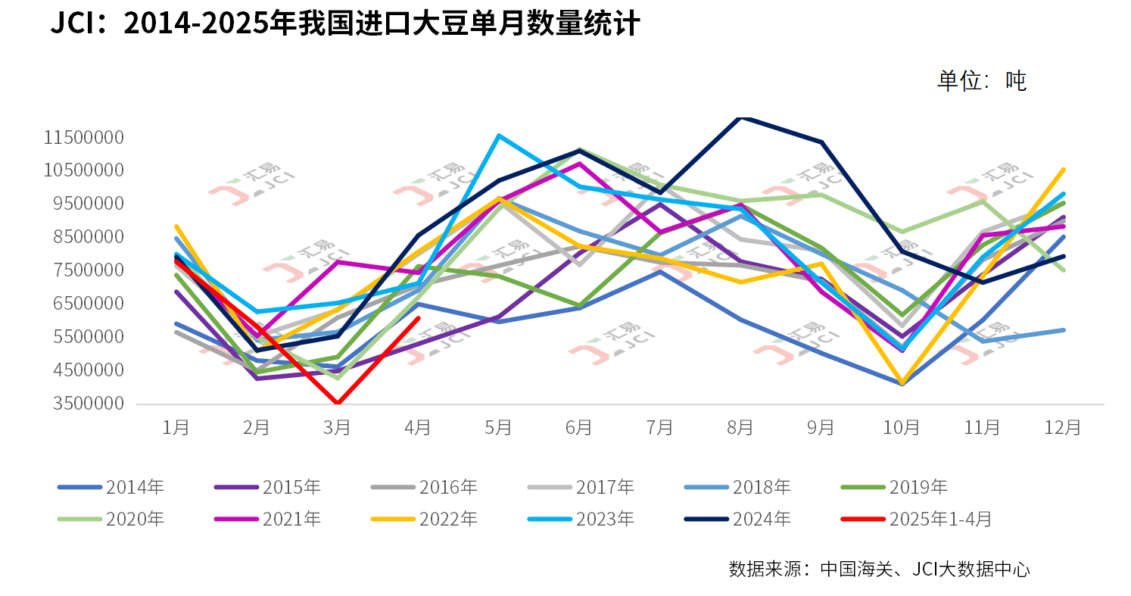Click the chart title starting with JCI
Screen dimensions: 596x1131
pyautogui.click(x=345, y=23)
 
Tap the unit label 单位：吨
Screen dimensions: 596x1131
pyautogui.click(x=981, y=80)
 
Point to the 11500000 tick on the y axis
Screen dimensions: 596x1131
pyautogui.click(x=84, y=137)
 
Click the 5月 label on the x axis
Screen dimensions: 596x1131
pyautogui.click(x=498, y=428)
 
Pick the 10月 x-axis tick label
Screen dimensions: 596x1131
pyautogui.click(x=902, y=428)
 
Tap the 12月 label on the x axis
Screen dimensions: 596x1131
pyautogui.click(x=1063, y=428)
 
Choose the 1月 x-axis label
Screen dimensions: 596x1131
pyautogui.click(x=176, y=428)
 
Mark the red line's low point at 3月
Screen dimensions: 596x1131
pyautogui.click(x=338, y=404)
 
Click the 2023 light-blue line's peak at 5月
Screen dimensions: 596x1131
pyautogui.click(x=498, y=136)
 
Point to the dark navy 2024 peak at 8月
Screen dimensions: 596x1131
pyautogui.click(x=740, y=117)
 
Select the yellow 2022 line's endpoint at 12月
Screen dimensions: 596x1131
pyautogui.click(x=1063, y=170)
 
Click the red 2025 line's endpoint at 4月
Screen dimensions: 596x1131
pyautogui.click(x=418, y=318)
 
